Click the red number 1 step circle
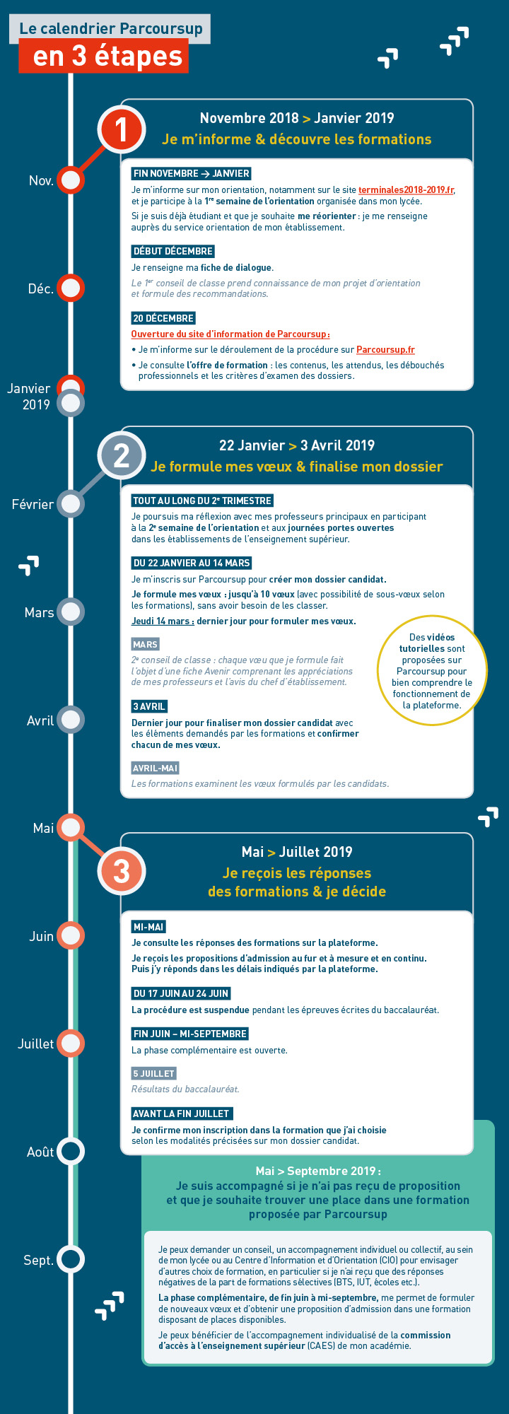click(122, 129)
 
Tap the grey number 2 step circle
click(122, 456)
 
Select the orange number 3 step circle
click(122, 870)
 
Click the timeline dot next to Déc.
click(71, 288)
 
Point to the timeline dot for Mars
click(71, 612)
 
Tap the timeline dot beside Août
click(71, 1152)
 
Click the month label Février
click(33, 504)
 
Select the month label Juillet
click(35, 1044)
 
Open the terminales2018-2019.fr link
click(406, 190)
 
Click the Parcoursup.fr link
click(385, 350)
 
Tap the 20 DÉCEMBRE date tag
click(163, 318)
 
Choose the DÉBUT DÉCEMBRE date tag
click(172, 251)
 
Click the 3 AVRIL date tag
click(149, 706)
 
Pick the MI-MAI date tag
click(148, 927)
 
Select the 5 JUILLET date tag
click(153, 1073)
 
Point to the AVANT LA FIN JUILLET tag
click(181, 1114)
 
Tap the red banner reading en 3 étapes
click(103, 57)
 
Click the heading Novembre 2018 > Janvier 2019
click(297, 118)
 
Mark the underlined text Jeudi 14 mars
click(163, 621)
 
